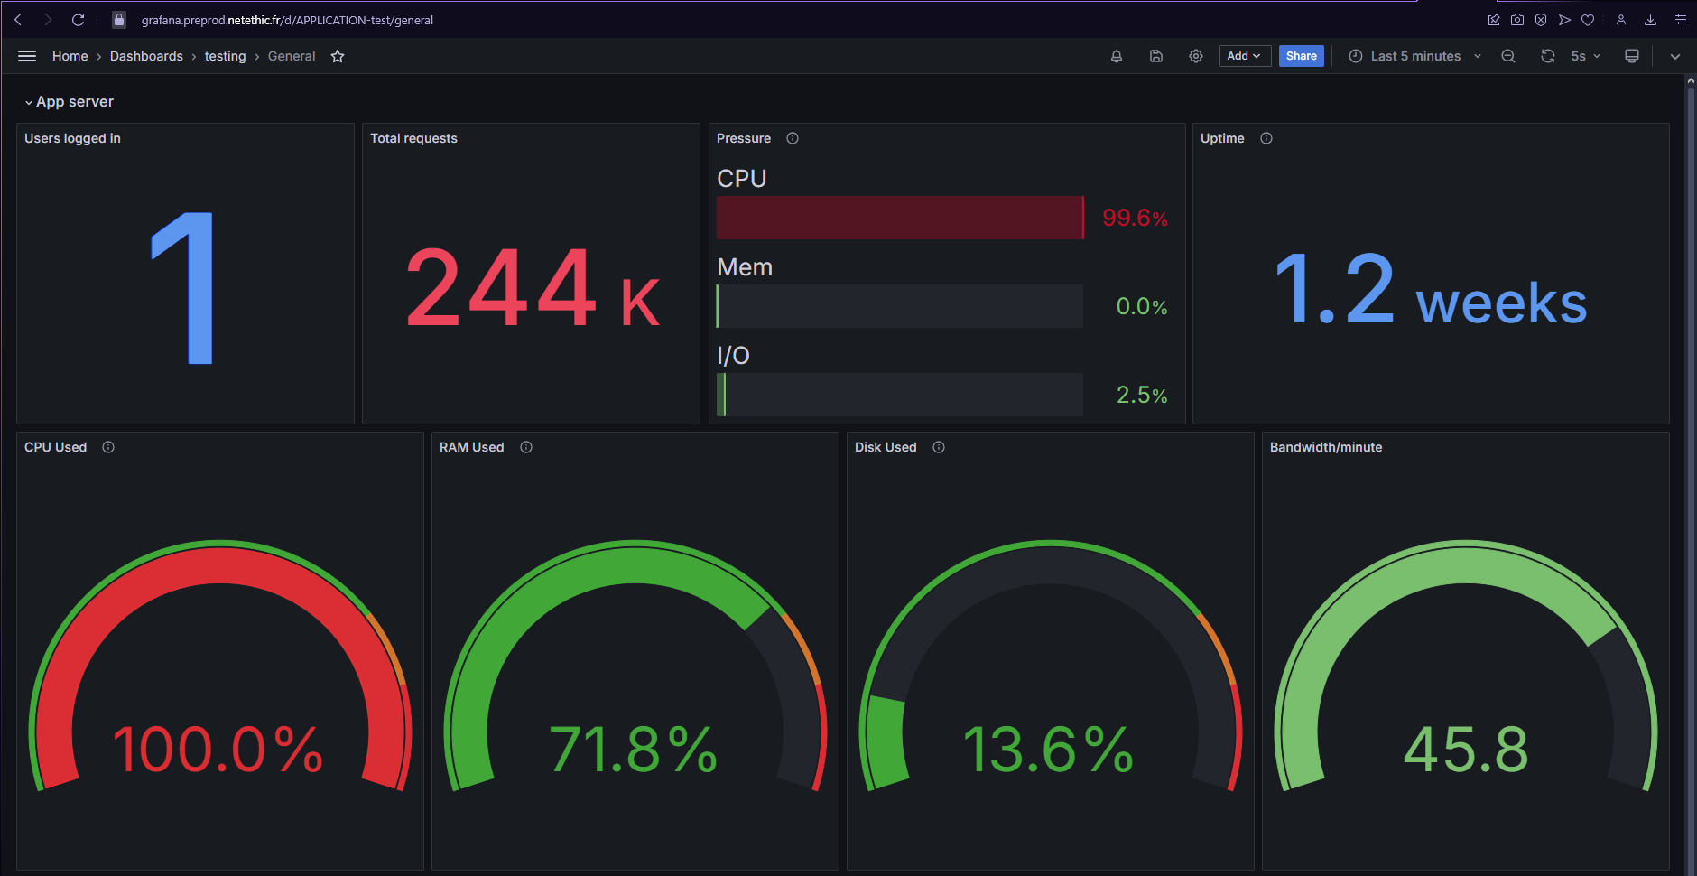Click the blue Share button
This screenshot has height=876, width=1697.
point(1301,56)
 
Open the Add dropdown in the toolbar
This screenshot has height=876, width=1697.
point(1244,56)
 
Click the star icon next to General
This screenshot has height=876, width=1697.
point(338,56)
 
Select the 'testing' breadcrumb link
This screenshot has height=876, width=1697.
point(225,56)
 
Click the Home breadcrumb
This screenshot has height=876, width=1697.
point(70,56)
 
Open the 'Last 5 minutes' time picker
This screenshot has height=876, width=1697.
point(1414,56)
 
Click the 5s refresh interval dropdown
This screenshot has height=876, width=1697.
point(1584,56)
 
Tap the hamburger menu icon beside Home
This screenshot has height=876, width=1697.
point(27,56)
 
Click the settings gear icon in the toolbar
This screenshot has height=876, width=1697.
point(1195,56)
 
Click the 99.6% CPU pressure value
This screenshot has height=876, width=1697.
point(1134,218)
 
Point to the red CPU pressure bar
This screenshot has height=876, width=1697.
point(899,218)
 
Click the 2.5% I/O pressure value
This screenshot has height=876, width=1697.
point(1141,395)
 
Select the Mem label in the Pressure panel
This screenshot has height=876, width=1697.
point(745,267)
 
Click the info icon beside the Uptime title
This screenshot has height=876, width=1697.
point(1266,138)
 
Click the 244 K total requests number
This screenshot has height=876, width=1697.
point(533,289)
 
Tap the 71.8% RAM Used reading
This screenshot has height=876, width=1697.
point(634,750)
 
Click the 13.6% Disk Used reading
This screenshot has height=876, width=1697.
point(1049,750)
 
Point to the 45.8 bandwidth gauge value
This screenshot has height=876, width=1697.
point(1465,750)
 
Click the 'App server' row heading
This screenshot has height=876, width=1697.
point(74,102)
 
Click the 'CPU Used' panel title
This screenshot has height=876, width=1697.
point(56,447)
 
